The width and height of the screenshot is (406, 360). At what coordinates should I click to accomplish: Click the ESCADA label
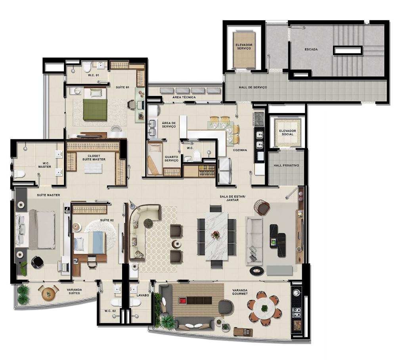click(x=311, y=49)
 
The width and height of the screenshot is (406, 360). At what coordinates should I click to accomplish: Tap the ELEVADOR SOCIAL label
click(x=287, y=132)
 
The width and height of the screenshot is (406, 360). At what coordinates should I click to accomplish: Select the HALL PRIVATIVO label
click(x=286, y=165)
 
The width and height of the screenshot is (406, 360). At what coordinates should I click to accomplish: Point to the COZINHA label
click(x=240, y=150)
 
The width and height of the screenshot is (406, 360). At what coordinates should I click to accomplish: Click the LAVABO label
click(x=143, y=295)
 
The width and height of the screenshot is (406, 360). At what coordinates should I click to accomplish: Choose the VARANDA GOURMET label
click(x=240, y=292)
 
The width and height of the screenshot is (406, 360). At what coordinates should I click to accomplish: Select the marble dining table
click(x=216, y=236)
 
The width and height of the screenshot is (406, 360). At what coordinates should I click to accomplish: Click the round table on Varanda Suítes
click(x=48, y=293)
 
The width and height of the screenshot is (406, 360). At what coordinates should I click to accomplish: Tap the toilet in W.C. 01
click(x=87, y=67)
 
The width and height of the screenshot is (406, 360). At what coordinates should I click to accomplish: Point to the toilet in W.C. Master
click(x=18, y=174)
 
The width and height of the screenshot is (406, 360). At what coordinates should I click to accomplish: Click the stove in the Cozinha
click(x=259, y=119)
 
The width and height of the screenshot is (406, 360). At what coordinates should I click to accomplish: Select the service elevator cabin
click(x=244, y=50)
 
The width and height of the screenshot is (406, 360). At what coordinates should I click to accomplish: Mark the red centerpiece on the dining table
click(x=215, y=235)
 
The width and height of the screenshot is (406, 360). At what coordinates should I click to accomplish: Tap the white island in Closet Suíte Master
click(x=93, y=169)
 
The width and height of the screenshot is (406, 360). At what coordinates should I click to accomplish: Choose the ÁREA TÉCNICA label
click(x=184, y=98)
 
